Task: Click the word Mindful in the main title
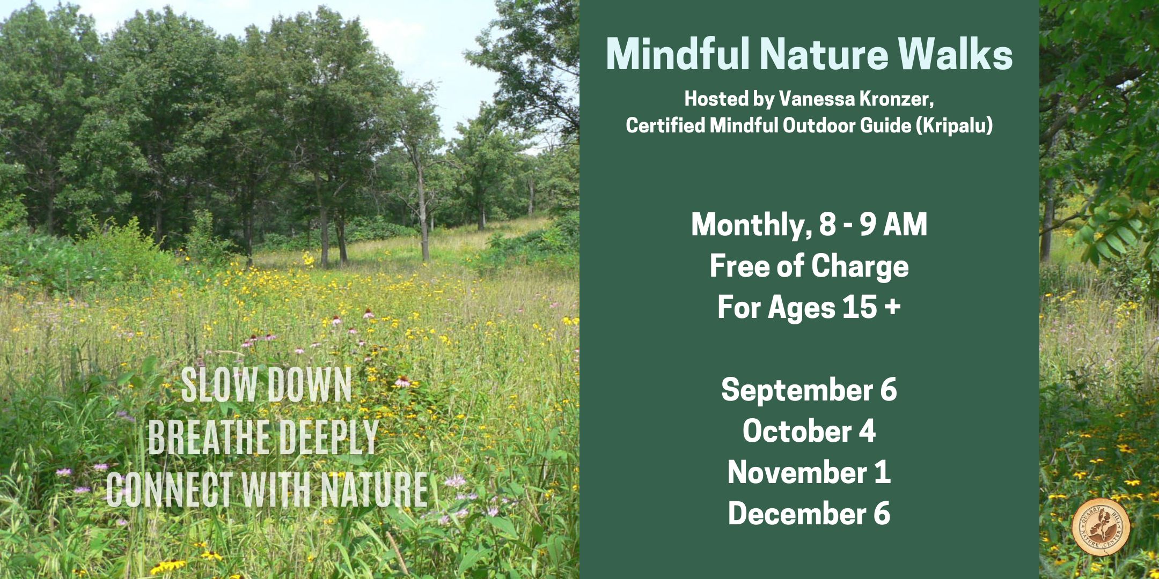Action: tap(678, 54)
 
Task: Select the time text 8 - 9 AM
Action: tap(873, 224)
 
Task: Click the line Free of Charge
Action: tap(809, 266)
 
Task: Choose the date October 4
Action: tap(809, 431)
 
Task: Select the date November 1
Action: tap(809, 472)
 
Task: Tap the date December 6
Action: tap(809, 514)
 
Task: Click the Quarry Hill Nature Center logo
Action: tap(1101, 526)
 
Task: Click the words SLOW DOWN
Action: tap(266, 384)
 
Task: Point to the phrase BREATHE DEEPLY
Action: tap(263, 436)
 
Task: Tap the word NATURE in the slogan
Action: tap(374, 489)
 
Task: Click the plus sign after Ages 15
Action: tap(892, 308)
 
